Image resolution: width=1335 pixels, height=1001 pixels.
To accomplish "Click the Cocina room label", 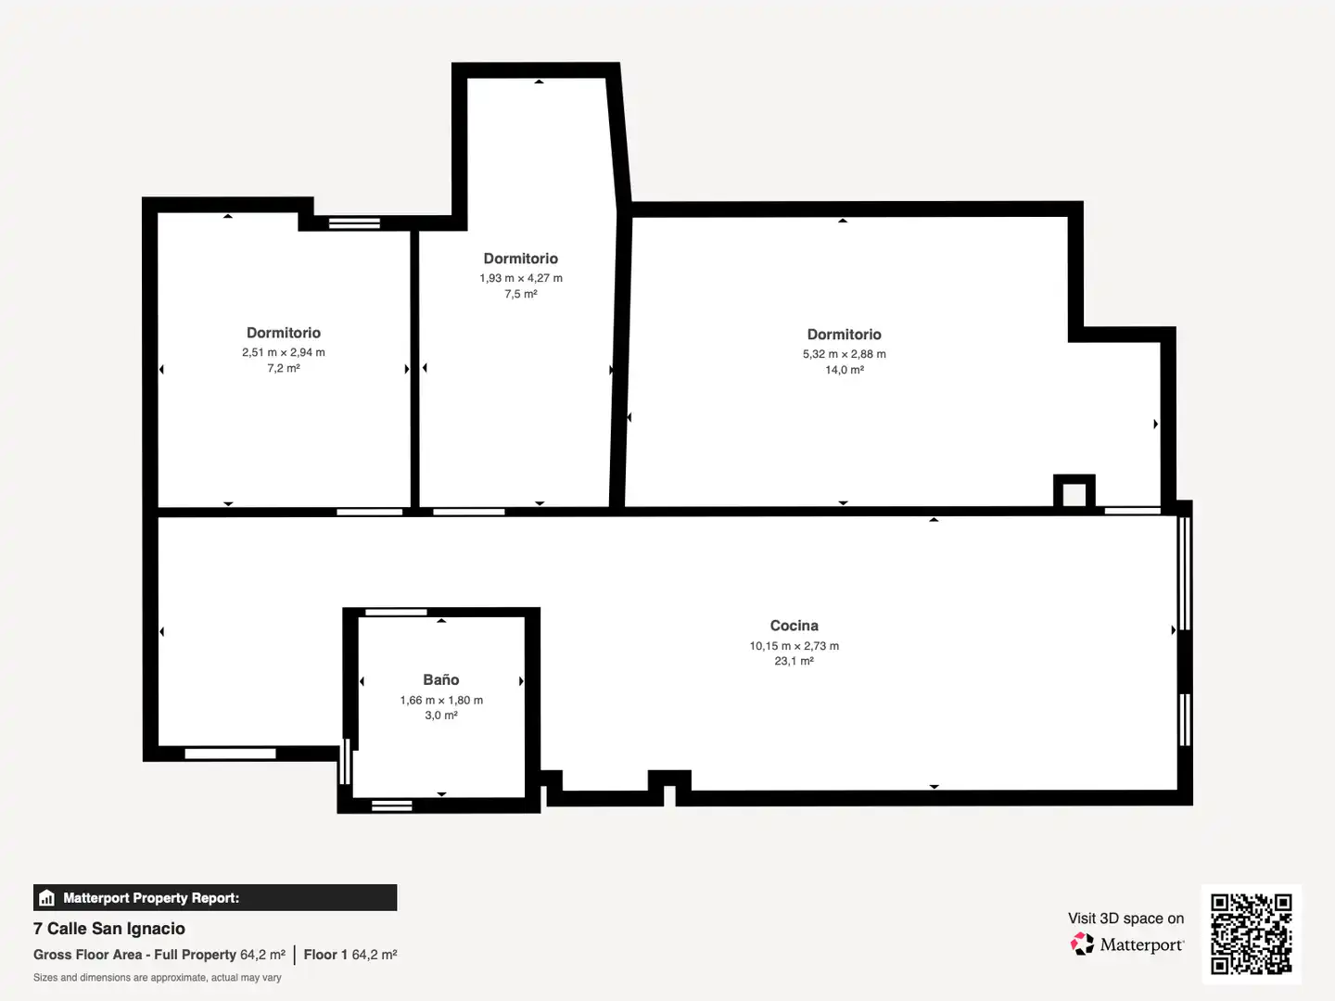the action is (794, 626).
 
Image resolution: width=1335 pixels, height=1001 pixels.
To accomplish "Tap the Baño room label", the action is (441, 679).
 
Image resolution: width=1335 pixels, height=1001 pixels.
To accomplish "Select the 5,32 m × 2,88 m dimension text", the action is (845, 354).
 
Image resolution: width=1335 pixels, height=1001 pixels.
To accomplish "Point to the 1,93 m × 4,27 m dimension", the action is (521, 278).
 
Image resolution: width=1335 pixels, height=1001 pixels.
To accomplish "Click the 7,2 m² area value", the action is (284, 368).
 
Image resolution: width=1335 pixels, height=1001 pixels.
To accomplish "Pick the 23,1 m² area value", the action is (794, 661).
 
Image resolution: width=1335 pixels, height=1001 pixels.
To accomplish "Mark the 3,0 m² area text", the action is (441, 716).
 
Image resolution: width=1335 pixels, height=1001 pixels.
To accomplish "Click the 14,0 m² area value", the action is (845, 370).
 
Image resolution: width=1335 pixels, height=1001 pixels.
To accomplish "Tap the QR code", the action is (1251, 933).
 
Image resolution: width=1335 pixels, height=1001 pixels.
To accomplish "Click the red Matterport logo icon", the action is (1082, 944).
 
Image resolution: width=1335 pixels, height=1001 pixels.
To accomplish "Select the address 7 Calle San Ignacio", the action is (108, 929).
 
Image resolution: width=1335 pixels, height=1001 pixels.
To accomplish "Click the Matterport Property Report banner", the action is (215, 898).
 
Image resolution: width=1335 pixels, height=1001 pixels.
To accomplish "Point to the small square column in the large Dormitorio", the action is (1074, 491).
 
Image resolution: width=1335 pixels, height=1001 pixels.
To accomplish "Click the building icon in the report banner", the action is (47, 898).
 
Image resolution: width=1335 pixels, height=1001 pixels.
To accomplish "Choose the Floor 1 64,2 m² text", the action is (350, 955).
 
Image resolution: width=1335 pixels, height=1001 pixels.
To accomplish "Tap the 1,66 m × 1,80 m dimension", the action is (441, 700).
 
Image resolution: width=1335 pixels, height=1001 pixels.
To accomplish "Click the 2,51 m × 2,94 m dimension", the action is (284, 352).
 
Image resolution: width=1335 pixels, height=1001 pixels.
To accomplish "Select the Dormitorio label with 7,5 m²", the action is (521, 259).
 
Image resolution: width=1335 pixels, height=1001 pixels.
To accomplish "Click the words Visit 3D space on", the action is (1125, 919).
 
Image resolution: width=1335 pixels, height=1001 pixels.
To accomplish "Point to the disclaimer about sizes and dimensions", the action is (157, 978).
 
